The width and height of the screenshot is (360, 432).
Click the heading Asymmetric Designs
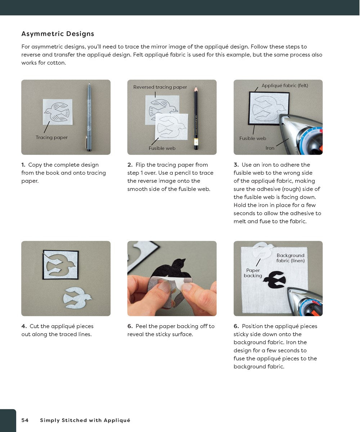click(x=58, y=34)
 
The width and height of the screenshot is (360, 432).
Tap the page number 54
click(x=25, y=420)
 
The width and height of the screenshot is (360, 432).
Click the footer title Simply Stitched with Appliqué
click(x=85, y=420)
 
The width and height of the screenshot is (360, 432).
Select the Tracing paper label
click(x=51, y=137)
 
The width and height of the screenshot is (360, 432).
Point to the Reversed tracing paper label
click(x=160, y=87)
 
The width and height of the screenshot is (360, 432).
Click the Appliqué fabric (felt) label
click(x=285, y=86)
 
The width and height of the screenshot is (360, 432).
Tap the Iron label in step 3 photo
click(x=270, y=148)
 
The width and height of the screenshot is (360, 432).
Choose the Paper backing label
click(x=253, y=273)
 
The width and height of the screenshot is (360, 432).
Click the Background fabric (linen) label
click(x=291, y=258)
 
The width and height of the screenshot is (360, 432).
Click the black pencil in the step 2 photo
click(x=196, y=117)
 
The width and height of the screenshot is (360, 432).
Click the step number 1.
click(x=23, y=165)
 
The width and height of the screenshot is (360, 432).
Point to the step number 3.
click(x=236, y=165)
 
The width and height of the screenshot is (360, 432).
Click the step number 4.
click(x=24, y=326)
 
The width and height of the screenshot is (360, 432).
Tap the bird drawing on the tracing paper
click(x=58, y=112)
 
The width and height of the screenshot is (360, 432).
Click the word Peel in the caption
click(x=141, y=326)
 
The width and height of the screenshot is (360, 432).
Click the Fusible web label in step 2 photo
click(x=162, y=148)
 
